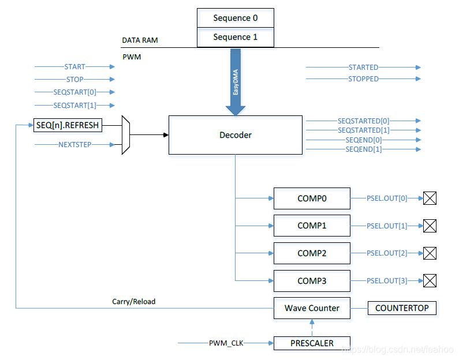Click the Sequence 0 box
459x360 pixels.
click(236, 18)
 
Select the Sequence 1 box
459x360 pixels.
click(236, 37)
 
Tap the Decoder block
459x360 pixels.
click(236, 135)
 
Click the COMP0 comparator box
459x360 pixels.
click(312, 198)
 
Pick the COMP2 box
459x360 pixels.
click(312, 253)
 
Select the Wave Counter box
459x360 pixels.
click(312, 308)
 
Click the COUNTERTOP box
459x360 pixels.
click(402, 308)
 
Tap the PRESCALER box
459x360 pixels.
click(312, 343)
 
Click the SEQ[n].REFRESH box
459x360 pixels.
click(68, 125)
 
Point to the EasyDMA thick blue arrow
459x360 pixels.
click(236, 82)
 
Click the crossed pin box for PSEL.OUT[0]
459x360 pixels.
click(430, 198)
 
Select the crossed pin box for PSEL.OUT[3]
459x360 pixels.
click(430, 281)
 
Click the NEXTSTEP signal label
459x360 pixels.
click(75, 144)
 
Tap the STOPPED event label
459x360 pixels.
click(363, 79)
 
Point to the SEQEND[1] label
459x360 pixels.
click(364, 149)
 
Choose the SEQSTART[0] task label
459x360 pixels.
click(74, 92)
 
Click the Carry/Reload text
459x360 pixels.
click(134, 302)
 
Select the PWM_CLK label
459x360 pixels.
click(226, 343)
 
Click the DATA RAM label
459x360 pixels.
click(140, 40)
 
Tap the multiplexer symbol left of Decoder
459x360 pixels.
click(126, 135)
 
